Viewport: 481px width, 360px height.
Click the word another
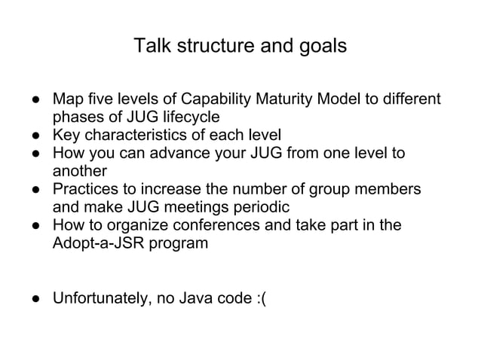(x=79, y=172)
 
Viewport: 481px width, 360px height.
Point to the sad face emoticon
(x=260, y=297)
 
